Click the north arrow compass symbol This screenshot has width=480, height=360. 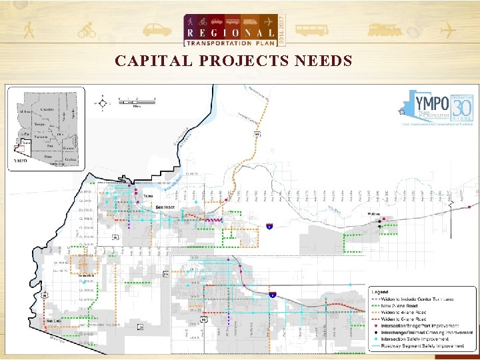pyautogui.click(x=102, y=103)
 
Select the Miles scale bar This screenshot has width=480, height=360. pyautogui.click(x=137, y=101)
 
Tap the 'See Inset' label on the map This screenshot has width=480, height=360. pyautogui.click(x=165, y=207)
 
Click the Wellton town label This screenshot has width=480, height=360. pyautogui.click(x=373, y=214)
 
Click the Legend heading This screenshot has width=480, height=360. pyautogui.click(x=381, y=292)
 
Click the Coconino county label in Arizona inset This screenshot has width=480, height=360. pyautogui.click(x=47, y=109)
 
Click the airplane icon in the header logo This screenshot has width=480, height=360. pyautogui.click(x=267, y=21)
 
